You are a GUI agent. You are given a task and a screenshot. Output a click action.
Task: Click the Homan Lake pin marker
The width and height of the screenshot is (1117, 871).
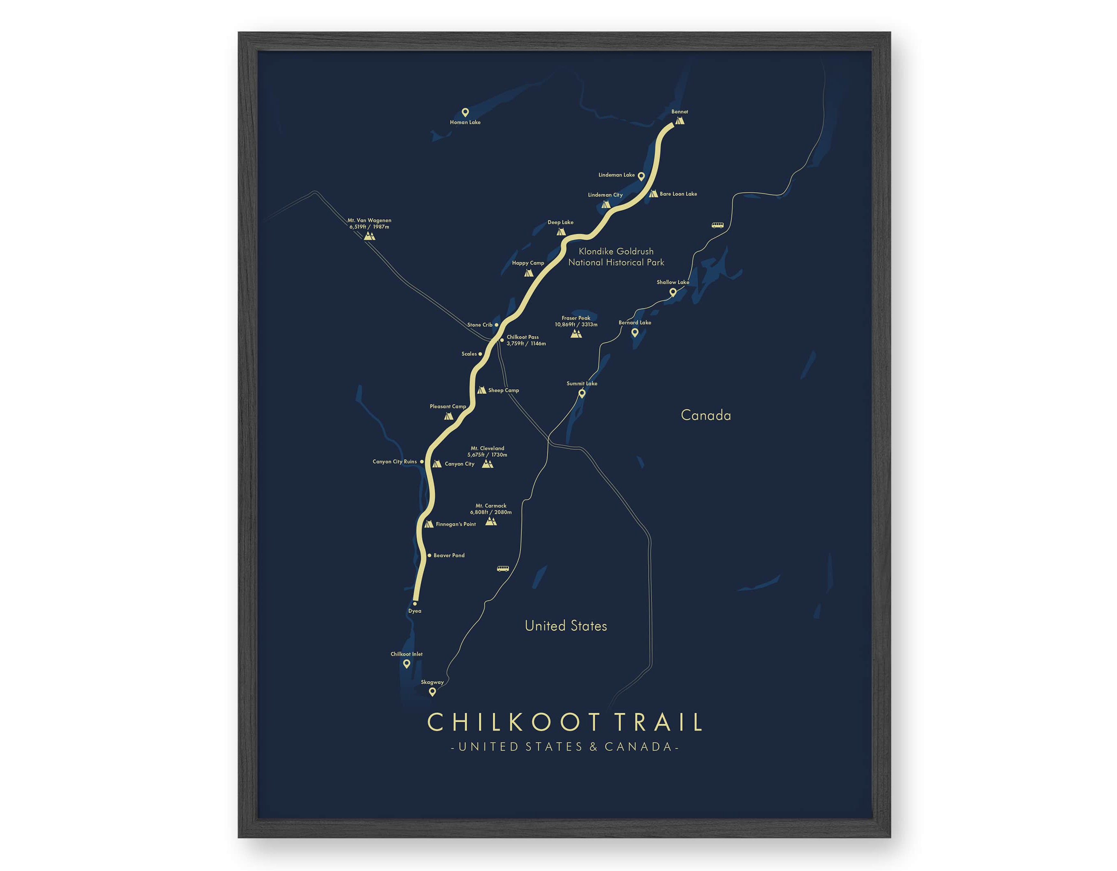point(465,112)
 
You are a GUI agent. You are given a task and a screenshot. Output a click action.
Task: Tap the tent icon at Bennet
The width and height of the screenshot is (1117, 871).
point(679,121)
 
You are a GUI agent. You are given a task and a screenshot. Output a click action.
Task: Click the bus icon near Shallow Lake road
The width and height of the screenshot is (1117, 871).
point(717,225)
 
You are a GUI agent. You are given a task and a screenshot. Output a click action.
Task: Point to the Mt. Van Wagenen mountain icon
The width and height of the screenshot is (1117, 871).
point(369,236)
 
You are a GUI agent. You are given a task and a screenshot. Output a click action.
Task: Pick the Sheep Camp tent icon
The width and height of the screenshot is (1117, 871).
point(481,390)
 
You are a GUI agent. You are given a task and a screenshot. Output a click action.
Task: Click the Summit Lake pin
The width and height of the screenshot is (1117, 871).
point(582,393)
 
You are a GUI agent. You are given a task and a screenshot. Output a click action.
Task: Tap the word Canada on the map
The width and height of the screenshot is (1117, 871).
point(706,415)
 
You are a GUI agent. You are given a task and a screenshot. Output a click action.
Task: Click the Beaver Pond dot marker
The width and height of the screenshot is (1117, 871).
point(429,555)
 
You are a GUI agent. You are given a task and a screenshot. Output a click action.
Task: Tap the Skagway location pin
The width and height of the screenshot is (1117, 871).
point(432,692)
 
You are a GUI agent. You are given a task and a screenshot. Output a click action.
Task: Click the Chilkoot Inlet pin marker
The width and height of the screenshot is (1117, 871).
point(407,664)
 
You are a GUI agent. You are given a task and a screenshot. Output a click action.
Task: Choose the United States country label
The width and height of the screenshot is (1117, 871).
point(566,626)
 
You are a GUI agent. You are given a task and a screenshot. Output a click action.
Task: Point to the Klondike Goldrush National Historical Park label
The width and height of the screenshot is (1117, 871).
point(616,257)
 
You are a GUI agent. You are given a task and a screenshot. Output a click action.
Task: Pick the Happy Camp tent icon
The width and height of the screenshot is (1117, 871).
point(528,273)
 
